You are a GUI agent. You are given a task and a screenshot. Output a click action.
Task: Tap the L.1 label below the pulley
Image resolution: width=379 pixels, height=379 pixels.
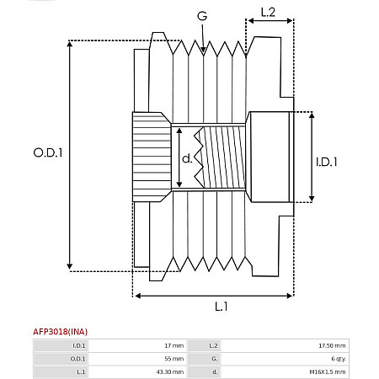tap(221, 306)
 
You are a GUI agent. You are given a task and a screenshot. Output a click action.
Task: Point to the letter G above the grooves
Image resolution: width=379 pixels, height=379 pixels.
tap(202, 16)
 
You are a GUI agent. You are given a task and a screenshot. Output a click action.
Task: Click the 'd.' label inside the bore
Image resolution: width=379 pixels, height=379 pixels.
tap(187, 157)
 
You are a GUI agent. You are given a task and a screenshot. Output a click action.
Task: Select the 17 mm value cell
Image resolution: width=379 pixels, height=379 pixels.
tap(168, 345)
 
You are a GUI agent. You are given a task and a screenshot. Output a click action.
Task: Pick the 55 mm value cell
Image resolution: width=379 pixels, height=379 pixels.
tap(168, 358)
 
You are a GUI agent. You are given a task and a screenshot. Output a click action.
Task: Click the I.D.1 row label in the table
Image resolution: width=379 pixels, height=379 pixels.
tap(79, 345)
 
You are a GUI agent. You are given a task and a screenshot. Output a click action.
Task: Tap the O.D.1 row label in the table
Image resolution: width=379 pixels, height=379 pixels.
tap(79, 358)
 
